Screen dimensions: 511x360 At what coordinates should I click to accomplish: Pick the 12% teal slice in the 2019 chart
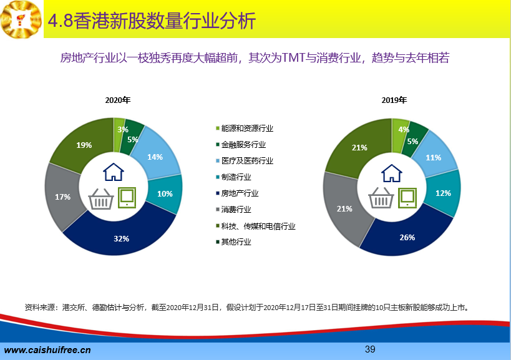443,193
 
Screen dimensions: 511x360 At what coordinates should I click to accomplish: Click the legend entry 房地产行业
237,193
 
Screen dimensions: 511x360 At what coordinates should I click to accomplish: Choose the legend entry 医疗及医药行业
245,160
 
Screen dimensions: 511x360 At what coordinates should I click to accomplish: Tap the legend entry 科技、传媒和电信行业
256,226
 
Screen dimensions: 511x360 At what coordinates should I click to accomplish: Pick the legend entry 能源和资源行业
245,129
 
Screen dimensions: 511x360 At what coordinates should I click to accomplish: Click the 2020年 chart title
118,100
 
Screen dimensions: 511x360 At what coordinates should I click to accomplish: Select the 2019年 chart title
394,100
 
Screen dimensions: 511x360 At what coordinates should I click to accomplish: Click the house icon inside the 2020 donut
114,172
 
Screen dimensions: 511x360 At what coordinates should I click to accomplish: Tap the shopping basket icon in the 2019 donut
381,198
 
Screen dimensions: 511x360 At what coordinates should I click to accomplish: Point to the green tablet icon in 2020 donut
127,197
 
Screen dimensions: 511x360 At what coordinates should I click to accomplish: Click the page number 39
370,349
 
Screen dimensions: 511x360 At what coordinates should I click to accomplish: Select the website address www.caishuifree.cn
47,350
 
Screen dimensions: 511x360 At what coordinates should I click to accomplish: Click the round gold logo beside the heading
21,19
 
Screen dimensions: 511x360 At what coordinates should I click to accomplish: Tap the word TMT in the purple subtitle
293,57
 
